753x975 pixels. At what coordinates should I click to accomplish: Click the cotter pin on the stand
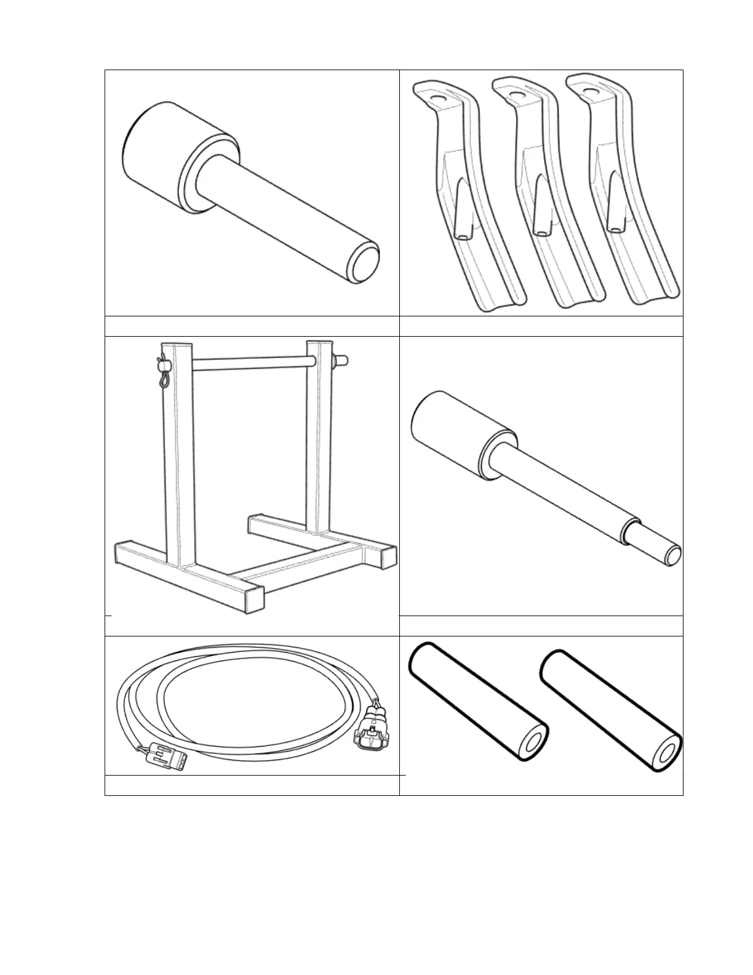[x=162, y=371]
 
